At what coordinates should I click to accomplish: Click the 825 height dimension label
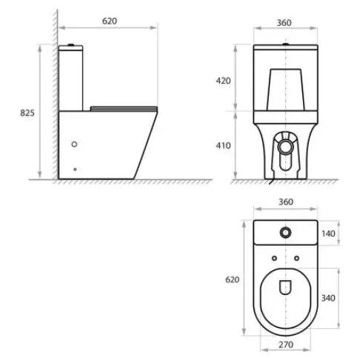tap(27, 113)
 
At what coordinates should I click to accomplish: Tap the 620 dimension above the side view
tap(110, 21)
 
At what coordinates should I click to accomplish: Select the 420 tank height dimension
tap(223, 81)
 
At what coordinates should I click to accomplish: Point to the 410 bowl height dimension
tap(223, 146)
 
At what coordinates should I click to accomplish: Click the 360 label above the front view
tap(284, 23)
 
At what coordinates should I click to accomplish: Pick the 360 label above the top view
tap(286, 202)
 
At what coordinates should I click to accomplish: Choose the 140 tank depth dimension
tap(328, 233)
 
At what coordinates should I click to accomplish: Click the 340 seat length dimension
tap(328, 299)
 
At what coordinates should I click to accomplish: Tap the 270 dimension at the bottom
tap(286, 344)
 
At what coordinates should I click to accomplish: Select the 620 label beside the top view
tap(233, 280)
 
